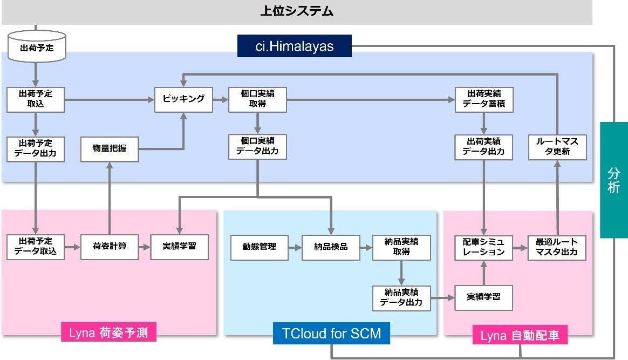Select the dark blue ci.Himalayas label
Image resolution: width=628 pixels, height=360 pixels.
(x=295, y=46)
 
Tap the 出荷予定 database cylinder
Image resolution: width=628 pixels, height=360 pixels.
(x=36, y=47)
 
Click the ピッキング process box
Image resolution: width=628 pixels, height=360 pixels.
(x=183, y=99)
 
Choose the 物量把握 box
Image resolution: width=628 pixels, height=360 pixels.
(x=110, y=148)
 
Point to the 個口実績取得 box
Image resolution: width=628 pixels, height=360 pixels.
(x=257, y=99)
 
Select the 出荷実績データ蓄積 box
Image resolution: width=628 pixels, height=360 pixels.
(x=484, y=99)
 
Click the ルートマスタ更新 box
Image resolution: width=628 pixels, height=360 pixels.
(x=557, y=147)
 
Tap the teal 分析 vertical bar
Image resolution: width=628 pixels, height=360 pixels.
(x=614, y=180)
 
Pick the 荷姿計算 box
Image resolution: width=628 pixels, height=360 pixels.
(x=110, y=247)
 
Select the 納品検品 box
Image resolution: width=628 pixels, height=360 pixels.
(x=331, y=247)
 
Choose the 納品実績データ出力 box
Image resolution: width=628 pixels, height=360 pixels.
(x=401, y=297)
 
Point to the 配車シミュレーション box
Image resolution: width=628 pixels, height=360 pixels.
(x=484, y=247)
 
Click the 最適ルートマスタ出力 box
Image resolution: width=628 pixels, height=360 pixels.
(x=557, y=247)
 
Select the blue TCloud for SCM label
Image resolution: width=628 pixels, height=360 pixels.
(x=331, y=334)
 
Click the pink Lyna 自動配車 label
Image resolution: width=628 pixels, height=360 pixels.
(x=520, y=336)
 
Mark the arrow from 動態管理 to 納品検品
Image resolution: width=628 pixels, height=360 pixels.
(x=295, y=247)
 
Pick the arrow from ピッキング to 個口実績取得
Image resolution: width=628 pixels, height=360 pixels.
(x=220, y=100)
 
